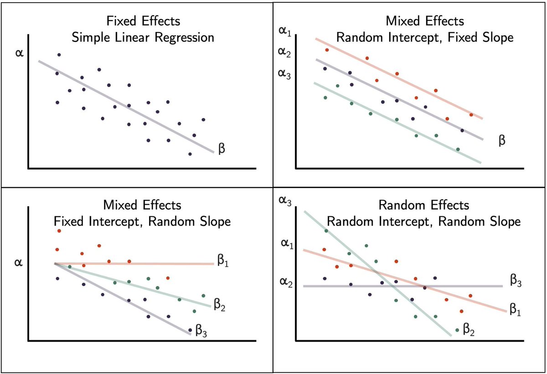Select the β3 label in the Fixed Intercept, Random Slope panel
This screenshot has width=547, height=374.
point(201,330)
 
